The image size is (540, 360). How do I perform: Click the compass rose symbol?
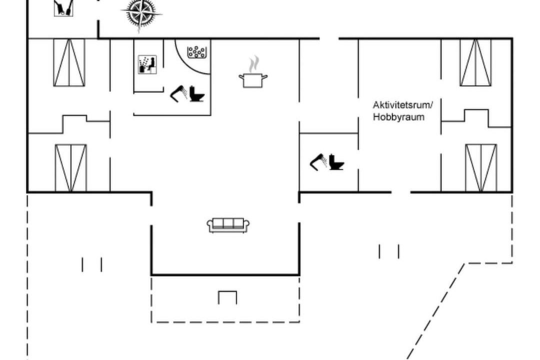(x=141, y=14)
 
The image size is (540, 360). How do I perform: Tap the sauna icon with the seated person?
(x=147, y=64)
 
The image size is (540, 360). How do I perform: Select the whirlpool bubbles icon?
(x=196, y=52)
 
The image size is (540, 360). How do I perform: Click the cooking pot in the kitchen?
(x=253, y=80)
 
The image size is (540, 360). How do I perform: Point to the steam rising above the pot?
(x=254, y=64)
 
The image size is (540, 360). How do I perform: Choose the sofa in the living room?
(x=228, y=225)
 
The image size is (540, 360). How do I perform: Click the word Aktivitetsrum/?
(x=402, y=104)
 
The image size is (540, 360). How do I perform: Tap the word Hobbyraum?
(x=399, y=117)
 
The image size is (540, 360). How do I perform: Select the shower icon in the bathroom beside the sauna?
(x=178, y=93)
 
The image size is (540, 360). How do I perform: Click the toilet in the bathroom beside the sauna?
(x=197, y=93)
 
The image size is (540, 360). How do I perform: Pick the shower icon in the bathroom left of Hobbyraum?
(x=318, y=162)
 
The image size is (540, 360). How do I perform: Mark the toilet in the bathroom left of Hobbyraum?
(x=336, y=162)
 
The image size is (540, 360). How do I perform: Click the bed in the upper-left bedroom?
(x=69, y=62)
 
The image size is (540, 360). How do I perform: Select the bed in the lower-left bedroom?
(x=71, y=168)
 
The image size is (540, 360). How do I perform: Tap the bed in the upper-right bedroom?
(x=475, y=62)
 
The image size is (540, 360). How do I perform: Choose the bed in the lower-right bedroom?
(x=481, y=168)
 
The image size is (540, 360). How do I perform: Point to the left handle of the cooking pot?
(x=241, y=76)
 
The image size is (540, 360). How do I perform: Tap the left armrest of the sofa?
(x=209, y=225)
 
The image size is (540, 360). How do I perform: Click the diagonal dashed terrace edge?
(x=435, y=311)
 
